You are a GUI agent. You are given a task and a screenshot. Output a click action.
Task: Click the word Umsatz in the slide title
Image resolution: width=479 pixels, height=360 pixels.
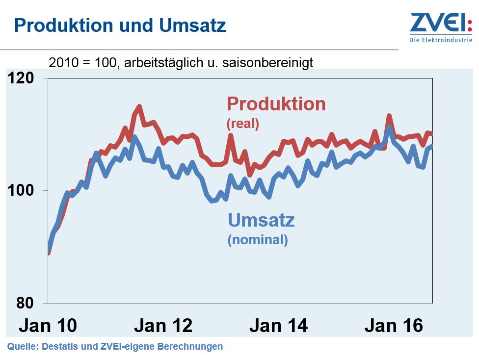[x=192, y=25]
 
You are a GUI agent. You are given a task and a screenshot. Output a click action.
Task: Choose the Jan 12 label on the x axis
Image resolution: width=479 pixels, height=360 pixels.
[x=163, y=325]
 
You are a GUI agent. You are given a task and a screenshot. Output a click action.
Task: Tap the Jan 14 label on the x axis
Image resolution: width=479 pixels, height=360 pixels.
[x=278, y=325]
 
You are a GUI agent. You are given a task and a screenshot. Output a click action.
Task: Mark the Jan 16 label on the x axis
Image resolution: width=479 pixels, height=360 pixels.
[x=394, y=325]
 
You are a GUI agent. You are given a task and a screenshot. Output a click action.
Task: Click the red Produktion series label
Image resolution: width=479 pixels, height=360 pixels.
[x=276, y=104]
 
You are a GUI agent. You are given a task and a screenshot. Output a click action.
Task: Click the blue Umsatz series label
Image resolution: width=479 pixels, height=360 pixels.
[x=261, y=220]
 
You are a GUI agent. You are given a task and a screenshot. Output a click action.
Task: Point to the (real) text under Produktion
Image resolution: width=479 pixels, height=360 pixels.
[x=242, y=124]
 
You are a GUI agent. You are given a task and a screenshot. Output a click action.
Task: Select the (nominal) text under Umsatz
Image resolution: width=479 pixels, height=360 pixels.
[x=258, y=240]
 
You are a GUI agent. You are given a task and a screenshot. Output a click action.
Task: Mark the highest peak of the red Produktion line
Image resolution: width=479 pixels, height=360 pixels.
[x=139, y=106]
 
